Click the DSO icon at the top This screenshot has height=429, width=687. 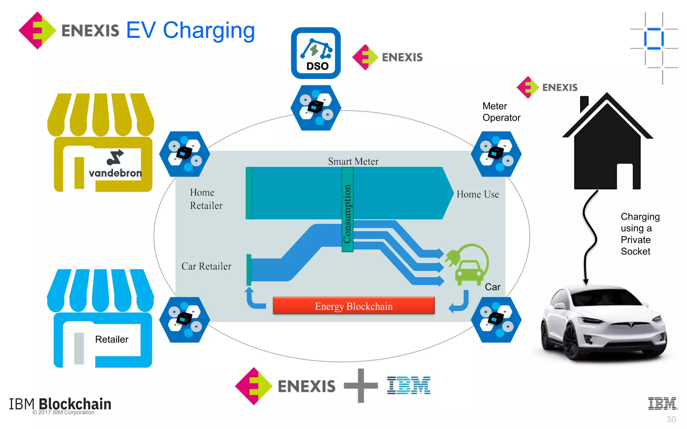[x=316, y=53]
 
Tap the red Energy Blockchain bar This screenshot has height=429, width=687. [x=354, y=306]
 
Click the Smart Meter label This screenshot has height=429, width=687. [x=353, y=162]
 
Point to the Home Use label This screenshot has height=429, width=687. [x=477, y=194]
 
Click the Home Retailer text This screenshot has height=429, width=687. [x=206, y=199]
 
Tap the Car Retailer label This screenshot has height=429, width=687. [x=206, y=266]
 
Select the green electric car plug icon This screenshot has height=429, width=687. [x=467, y=265]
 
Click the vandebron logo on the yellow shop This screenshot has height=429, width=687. [x=115, y=165]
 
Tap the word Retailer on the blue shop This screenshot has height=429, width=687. [x=112, y=340]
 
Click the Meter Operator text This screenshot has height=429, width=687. [x=501, y=112]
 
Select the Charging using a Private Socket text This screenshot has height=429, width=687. [x=639, y=234]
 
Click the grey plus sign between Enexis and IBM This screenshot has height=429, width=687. [x=361, y=386]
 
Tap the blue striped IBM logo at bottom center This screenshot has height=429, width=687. [x=409, y=385]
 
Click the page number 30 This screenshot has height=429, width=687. [x=671, y=419]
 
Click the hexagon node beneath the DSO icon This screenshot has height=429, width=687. [x=316, y=108]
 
